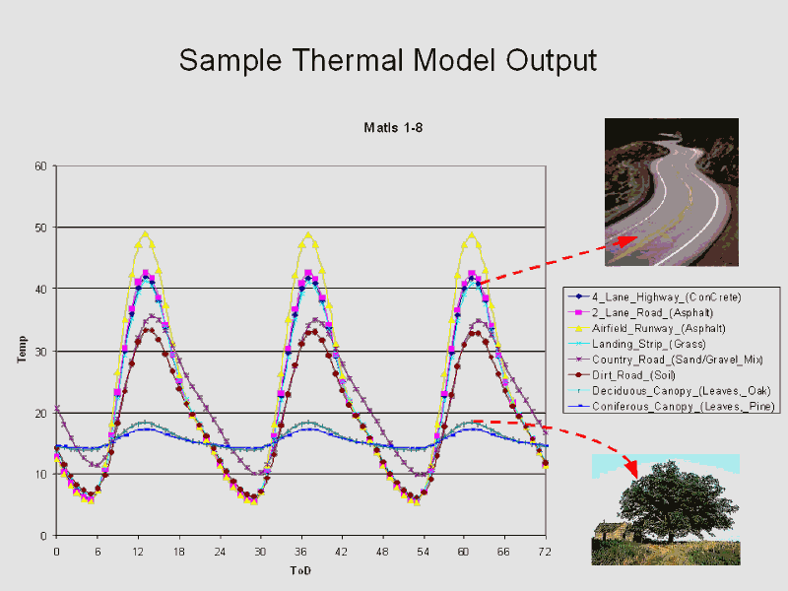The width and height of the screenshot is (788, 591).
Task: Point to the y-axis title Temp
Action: [x=22, y=349]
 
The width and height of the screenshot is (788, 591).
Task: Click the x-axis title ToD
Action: [x=300, y=570]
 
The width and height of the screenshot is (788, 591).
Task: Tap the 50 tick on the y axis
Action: [x=40, y=228]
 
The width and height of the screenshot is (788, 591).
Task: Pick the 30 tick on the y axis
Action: [x=40, y=351]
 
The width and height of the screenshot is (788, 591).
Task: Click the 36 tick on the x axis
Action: [x=300, y=552]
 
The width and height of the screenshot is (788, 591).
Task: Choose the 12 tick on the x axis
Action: [x=138, y=552]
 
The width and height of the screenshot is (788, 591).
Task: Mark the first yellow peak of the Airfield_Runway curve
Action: [x=146, y=234]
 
